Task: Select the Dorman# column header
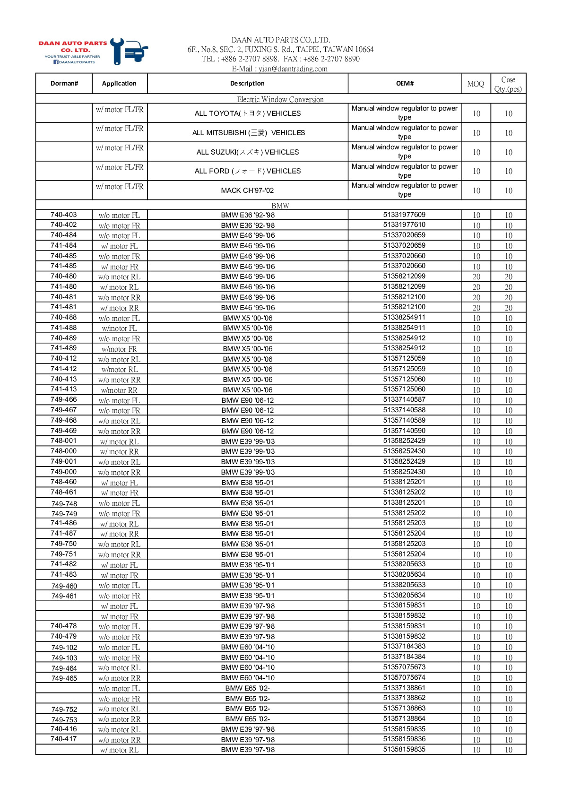click(64, 84)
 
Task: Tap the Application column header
click(119, 84)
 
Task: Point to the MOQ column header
click(476, 84)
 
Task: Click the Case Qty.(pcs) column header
click(508, 84)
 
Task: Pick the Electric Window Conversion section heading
click(280, 99)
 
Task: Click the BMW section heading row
click(280, 206)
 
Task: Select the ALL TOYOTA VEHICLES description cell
click(248, 113)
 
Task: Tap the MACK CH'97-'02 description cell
click(248, 190)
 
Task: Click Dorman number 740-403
click(64, 215)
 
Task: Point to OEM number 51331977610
click(404, 225)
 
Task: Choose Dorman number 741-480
click(64, 286)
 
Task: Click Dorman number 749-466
click(64, 399)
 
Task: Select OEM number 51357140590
click(404, 431)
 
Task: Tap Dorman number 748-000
click(64, 451)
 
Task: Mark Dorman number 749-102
click(64, 648)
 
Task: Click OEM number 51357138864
click(404, 718)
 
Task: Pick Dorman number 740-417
click(64, 739)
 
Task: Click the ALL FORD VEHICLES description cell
click(248, 171)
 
